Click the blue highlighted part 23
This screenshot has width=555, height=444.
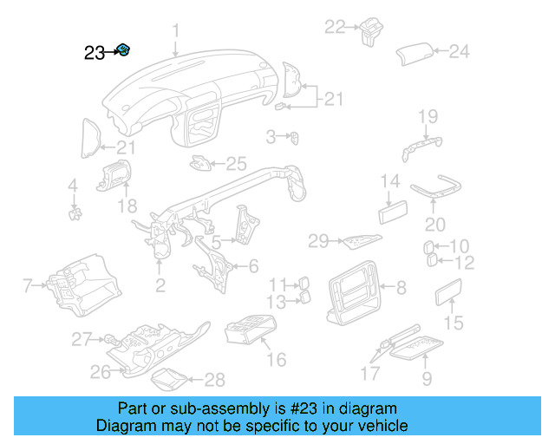(124, 50)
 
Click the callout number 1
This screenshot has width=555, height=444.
(175, 31)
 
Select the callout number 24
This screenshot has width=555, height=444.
(459, 52)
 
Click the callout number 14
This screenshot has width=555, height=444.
(390, 182)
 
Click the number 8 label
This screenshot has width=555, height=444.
(401, 287)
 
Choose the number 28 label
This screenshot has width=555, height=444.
(214, 379)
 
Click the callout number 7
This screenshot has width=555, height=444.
(27, 284)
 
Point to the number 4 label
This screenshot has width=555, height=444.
(73, 185)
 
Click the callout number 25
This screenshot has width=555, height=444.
(237, 162)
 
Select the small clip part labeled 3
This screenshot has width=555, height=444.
(295, 136)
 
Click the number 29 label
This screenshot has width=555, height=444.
(318, 240)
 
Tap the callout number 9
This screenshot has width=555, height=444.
(427, 378)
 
